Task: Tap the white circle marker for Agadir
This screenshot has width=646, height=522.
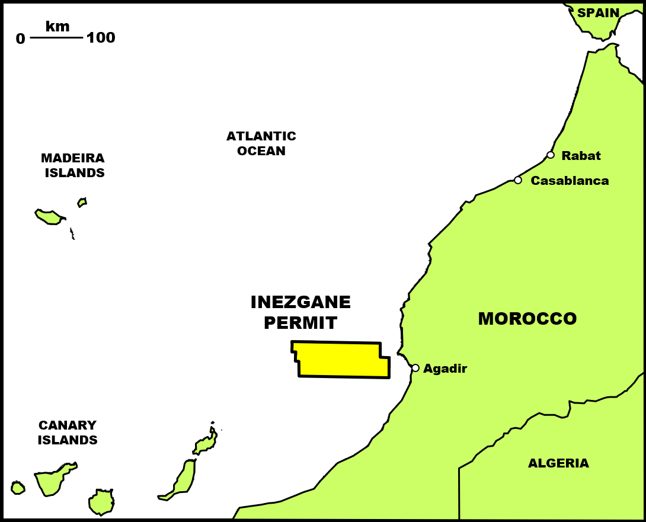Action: tap(415, 368)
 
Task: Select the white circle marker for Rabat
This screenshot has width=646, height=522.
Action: tap(551, 155)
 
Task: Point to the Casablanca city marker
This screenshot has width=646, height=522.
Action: tap(518, 180)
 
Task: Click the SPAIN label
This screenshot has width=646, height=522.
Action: tap(598, 13)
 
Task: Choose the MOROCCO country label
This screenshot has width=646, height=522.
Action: tap(527, 319)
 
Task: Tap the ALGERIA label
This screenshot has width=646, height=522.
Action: tap(558, 463)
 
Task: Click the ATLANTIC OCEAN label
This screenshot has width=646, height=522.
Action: tap(261, 143)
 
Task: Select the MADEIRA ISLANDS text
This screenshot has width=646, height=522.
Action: tap(73, 165)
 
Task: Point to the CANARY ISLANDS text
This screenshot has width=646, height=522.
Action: tap(68, 433)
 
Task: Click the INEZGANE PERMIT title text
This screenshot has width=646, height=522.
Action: tap(300, 312)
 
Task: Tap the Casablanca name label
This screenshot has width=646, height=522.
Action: tap(570, 181)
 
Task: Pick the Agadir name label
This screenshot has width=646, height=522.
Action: tap(445, 369)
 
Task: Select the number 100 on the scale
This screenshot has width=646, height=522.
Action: tap(101, 38)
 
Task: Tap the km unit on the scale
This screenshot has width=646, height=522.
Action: tap(57, 26)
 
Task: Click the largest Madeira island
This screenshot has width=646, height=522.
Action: tap(49, 217)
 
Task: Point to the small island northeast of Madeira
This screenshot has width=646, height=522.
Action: tap(82, 203)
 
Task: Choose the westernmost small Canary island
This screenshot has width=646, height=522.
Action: tap(18, 488)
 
